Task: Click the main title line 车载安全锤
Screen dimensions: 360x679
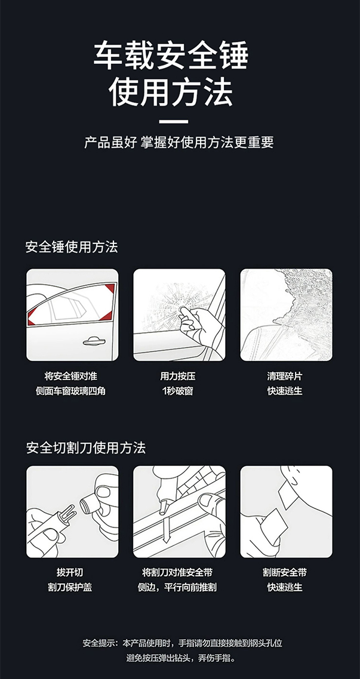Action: (171, 56)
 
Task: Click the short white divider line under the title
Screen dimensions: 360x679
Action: (173, 122)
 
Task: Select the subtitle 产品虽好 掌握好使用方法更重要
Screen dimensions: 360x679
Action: (179, 143)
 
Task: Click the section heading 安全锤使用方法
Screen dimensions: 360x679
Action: (72, 247)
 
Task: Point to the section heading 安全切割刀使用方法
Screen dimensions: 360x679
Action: (85, 447)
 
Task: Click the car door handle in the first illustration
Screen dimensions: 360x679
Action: (94, 341)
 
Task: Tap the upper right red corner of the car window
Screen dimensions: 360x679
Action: (110, 288)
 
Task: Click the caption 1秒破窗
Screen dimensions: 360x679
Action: (177, 391)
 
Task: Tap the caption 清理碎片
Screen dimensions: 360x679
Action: (285, 376)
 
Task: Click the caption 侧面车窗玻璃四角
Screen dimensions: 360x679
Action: (70, 391)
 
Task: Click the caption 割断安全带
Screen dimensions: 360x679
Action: (285, 572)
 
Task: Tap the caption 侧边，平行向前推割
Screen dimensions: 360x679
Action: (177, 587)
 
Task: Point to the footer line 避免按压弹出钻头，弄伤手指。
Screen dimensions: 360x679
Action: (182, 658)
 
